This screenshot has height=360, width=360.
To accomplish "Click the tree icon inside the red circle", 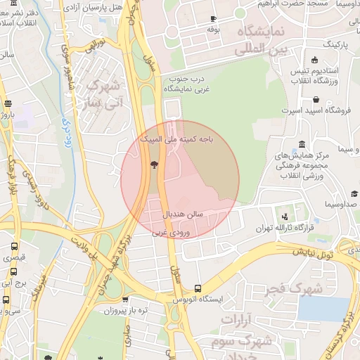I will (x=154, y=165).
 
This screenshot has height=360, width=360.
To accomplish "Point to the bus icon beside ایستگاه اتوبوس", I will (x=197, y=288).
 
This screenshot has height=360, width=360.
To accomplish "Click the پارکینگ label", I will (x=334, y=44).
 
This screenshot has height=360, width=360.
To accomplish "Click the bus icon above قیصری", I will (x=14, y=247).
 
